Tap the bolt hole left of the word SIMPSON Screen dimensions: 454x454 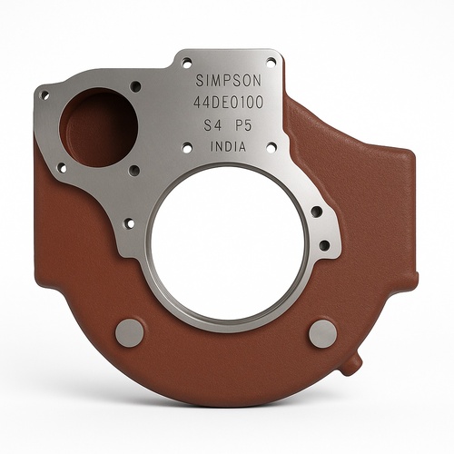[x=187, y=63]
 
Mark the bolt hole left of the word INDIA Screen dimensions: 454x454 [x=186, y=146]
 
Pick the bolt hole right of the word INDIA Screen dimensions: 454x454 [x=271, y=145]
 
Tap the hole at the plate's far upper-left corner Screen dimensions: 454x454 [x=43, y=94]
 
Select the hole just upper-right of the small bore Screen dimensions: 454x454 [x=135, y=86]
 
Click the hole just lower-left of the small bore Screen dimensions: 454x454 [x=63, y=167]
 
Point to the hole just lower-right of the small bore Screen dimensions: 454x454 [x=134, y=170]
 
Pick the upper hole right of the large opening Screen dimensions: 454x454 [x=316, y=212]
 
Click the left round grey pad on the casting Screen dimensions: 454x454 [x=130, y=332]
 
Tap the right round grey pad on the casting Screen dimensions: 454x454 [x=322, y=333]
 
